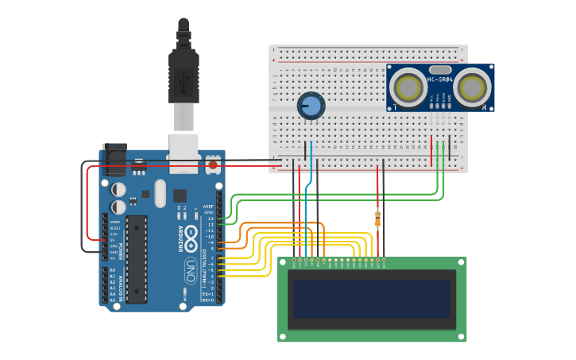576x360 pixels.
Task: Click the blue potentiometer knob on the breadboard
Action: click(x=311, y=106)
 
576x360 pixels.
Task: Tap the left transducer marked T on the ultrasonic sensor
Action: click(x=409, y=86)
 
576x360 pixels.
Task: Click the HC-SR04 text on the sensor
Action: click(x=440, y=79)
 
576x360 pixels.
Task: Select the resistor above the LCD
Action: click(x=377, y=217)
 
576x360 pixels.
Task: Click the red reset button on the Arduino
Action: click(x=212, y=165)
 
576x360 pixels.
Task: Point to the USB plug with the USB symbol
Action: click(x=184, y=79)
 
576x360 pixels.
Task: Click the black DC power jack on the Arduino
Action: click(x=114, y=159)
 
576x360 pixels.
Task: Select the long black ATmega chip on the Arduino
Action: click(x=136, y=258)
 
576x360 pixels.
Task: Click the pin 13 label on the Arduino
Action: click(x=211, y=218)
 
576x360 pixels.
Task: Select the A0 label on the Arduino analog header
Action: click(x=111, y=271)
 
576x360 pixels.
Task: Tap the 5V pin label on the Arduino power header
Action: click(x=114, y=240)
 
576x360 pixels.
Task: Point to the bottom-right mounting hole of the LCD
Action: click(x=461, y=336)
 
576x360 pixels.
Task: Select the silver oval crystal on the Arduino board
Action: click(x=160, y=192)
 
